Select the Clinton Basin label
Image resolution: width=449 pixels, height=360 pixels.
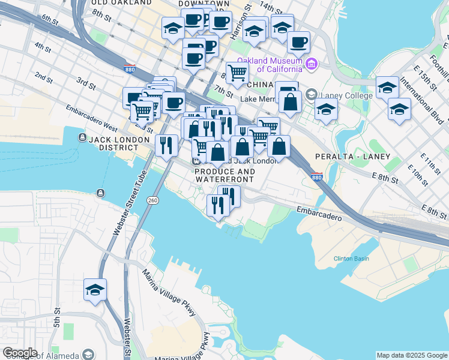click(x=351, y=259)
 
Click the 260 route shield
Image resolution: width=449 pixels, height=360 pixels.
click(x=154, y=200)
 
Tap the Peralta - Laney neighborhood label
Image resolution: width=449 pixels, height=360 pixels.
click(x=352, y=157)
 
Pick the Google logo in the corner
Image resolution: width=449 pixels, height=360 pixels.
click(x=20, y=353)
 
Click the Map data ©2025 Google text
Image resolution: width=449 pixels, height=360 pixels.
click(x=412, y=355)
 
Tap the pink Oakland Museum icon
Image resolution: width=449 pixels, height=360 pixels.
click(x=311, y=64)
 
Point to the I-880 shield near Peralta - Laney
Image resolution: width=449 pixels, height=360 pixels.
click(x=318, y=177)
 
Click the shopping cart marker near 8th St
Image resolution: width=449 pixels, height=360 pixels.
click(x=238, y=73)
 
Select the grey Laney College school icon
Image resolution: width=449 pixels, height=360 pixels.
click(x=312, y=95)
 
